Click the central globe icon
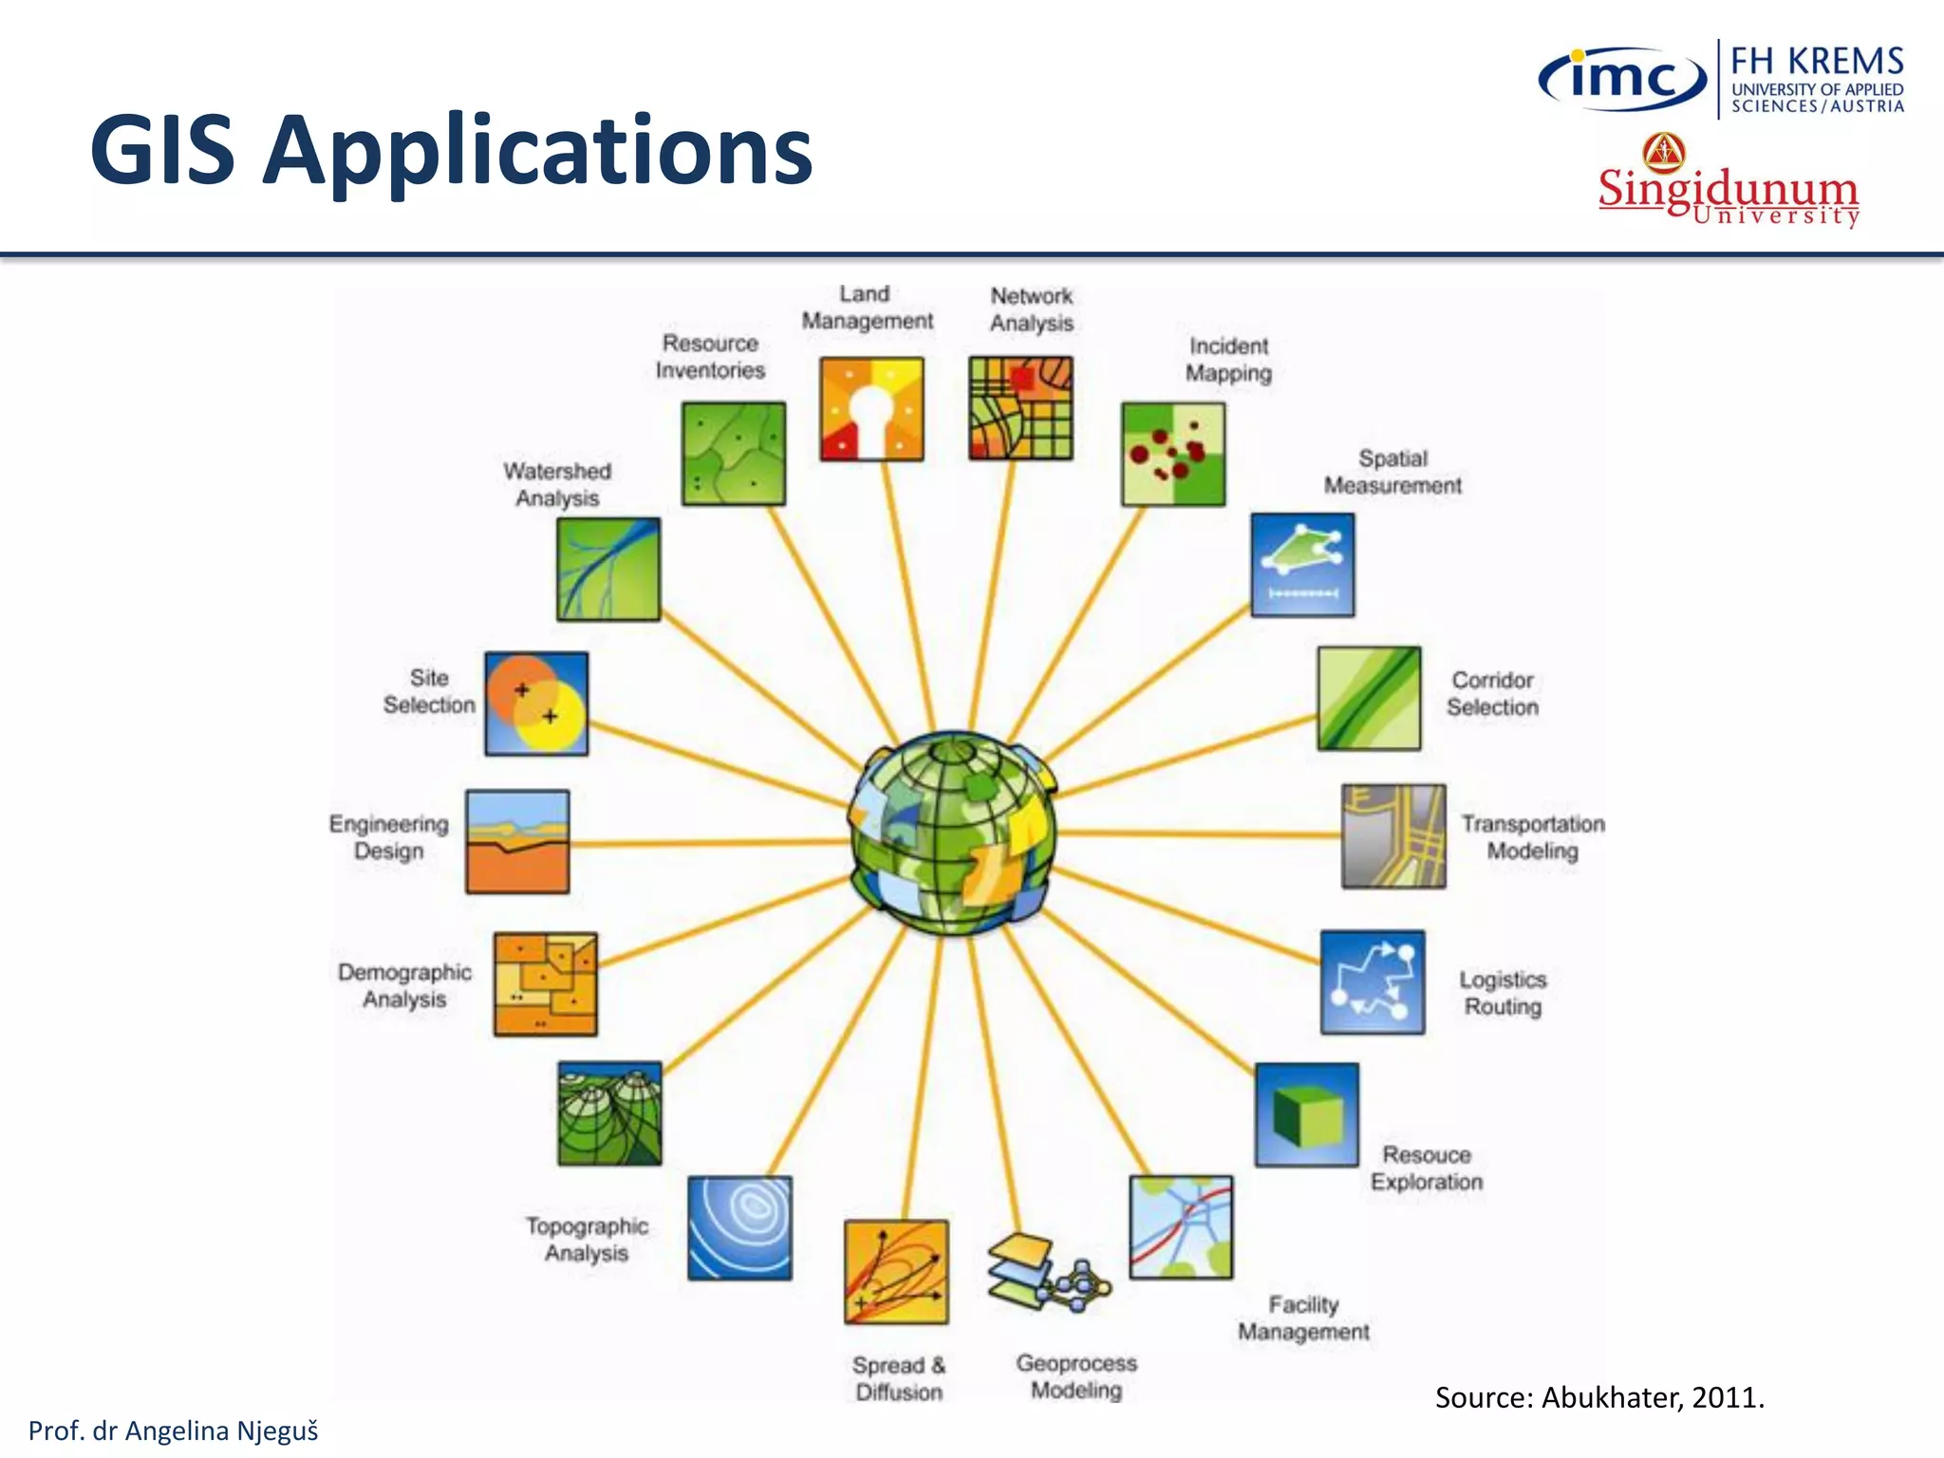point(953,833)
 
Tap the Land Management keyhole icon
point(871,409)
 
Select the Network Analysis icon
point(1020,408)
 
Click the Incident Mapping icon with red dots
point(1173,454)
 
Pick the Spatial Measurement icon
point(1302,565)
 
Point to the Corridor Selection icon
point(1369,699)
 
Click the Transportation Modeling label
point(1532,837)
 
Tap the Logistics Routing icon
point(1373,982)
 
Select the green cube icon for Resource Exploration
point(1307,1115)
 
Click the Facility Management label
point(1303,1318)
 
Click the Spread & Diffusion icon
point(896,1273)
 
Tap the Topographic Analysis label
point(587,1240)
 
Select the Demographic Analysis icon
point(545,984)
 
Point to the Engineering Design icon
point(517,842)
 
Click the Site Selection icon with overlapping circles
point(536,703)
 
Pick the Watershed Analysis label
point(557,484)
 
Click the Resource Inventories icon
point(734,454)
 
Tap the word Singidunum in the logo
point(1728,188)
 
